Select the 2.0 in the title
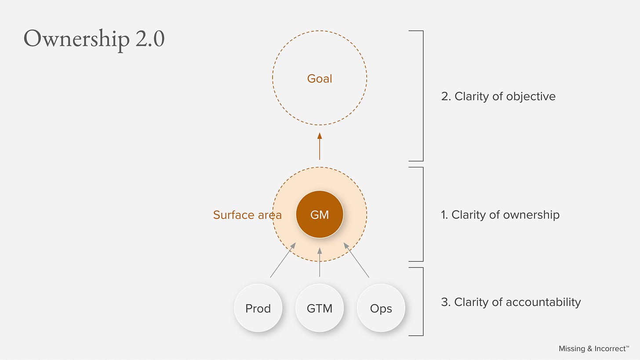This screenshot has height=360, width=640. [x=150, y=39]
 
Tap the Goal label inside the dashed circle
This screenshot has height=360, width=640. [x=320, y=79]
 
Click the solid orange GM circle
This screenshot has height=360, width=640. [x=320, y=215]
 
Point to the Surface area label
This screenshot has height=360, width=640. [x=247, y=215]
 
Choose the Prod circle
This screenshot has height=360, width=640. [x=258, y=309]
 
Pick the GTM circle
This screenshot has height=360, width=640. [x=320, y=309]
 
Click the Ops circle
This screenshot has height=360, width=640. [x=381, y=309]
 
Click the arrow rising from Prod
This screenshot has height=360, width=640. [x=283, y=260]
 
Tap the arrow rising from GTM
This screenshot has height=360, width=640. [x=320, y=262]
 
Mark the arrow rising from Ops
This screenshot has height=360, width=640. [x=356, y=260]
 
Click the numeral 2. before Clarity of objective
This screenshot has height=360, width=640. [x=446, y=97]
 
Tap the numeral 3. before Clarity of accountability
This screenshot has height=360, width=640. [x=446, y=302]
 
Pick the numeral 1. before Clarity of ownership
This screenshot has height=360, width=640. [x=444, y=215]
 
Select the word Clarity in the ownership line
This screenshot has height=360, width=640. [x=466, y=215]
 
